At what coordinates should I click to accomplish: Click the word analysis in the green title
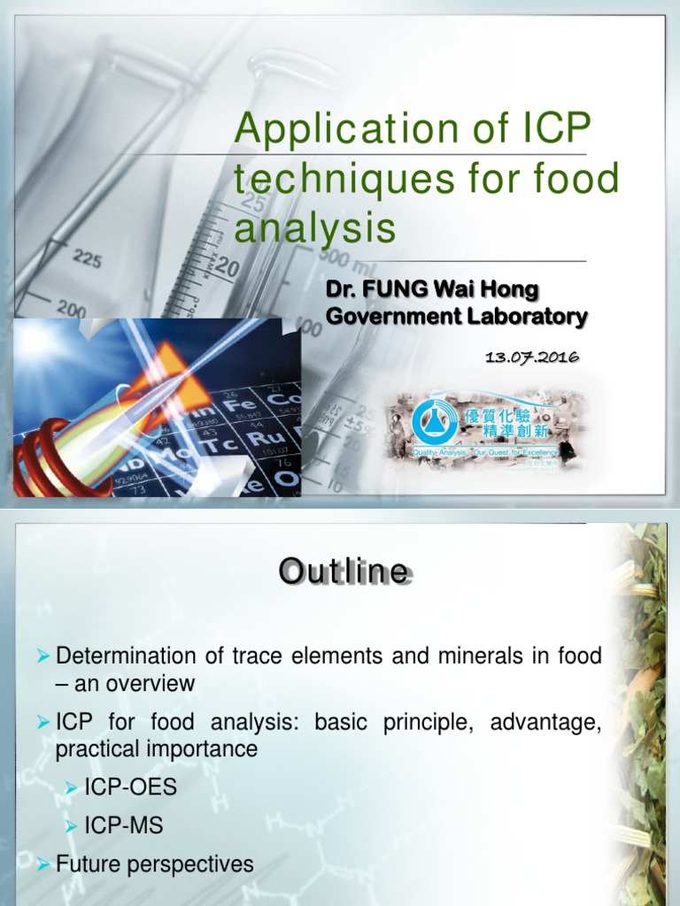pos(314,228)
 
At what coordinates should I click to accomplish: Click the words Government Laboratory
pos(457,316)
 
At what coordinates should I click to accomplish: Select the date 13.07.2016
pos(532,357)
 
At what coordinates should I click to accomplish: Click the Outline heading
pos(344,572)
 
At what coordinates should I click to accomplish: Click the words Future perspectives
pos(155,864)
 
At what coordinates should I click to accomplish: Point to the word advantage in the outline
pos(550,723)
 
